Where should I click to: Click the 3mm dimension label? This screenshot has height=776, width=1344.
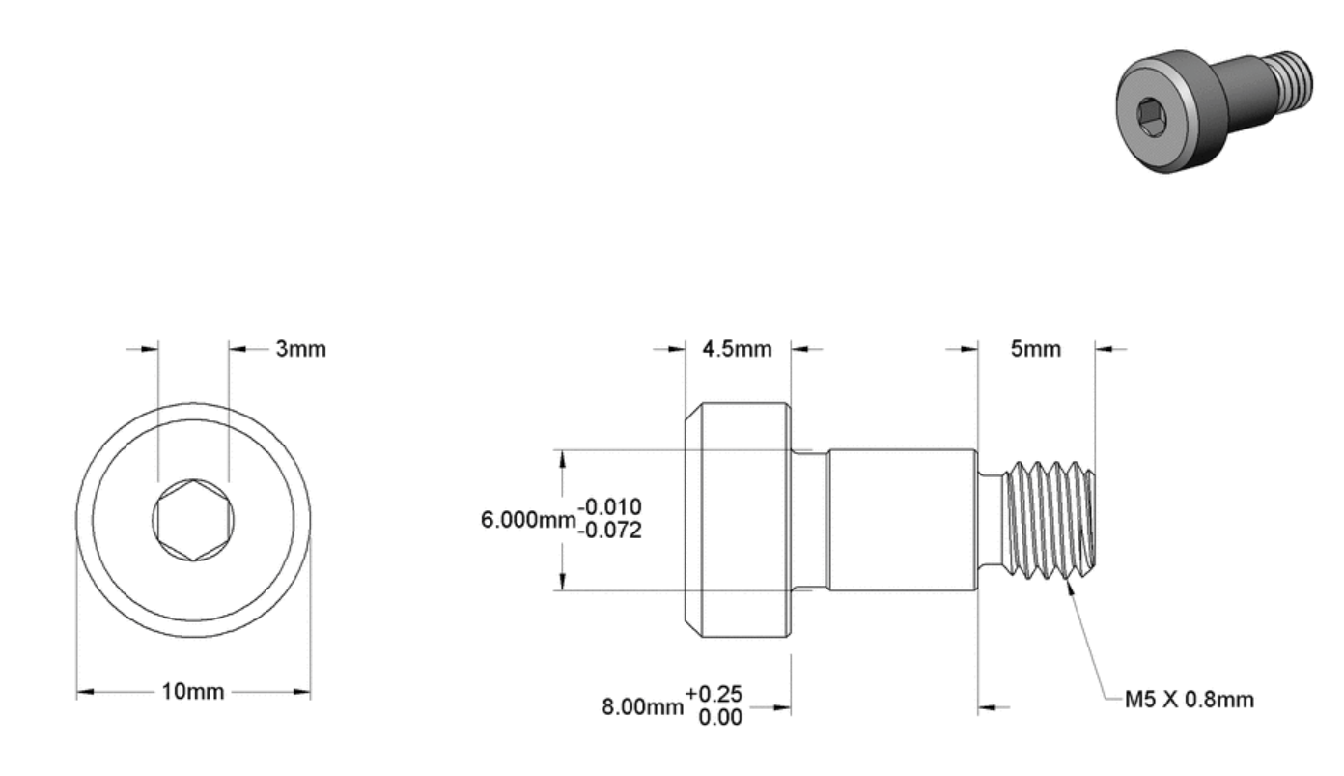(300, 349)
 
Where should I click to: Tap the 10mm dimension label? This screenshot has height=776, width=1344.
(193, 692)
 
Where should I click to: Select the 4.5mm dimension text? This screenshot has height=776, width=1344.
(737, 349)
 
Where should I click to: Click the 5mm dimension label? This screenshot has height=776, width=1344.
(1035, 349)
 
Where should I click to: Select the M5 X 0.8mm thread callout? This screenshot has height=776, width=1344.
(1190, 699)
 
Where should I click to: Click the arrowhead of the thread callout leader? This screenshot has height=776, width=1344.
(1070, 584)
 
